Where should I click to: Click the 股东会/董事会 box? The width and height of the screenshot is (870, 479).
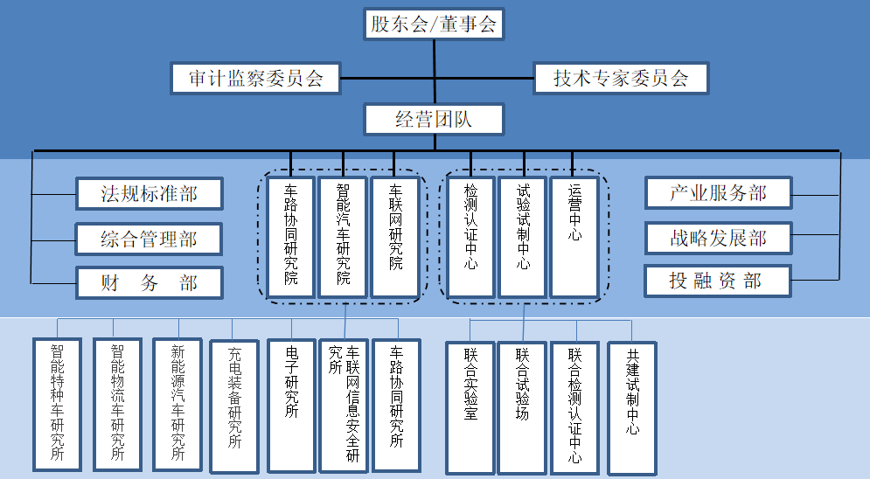pyautogui.click(x=434, y=24)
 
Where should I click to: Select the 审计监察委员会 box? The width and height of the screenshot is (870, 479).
pyautogui.click(x=256, y=78)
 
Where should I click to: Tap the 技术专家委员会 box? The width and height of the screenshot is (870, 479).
pyautogui.click(x=620, y=78)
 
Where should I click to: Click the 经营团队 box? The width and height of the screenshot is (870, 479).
pyautogui.click(x=434, y=120)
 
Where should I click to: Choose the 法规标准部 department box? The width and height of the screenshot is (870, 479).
pyautogui.click(x=149, y=193)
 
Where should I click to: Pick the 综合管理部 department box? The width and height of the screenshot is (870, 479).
pyautogui.click(x=149, y=239)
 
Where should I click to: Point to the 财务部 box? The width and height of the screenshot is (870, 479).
pyautogui.click(x=149, y=282)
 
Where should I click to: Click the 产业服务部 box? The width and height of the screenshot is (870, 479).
pyautogui.click(x=718, y=193)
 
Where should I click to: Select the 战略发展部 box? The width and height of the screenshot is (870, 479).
pyautogui.click(x=718, y=238)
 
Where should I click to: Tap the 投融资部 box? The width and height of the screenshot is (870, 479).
pyautogui.click(x=718, y=281)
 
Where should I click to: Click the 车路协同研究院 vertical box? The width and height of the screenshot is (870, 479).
pyautogui.click(x=291, y=237)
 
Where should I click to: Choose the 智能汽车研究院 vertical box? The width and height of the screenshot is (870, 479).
pyautogui.click(x=343, y=237)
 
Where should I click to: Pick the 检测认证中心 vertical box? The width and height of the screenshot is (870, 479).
pyautogui.click(x=470, y=237)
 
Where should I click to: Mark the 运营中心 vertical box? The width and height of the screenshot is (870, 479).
pyautogui.click(x=574, y=237)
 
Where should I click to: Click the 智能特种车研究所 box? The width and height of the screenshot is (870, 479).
pyautogui.click(x=58, y=405)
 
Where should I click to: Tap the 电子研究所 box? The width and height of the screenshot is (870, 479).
pyautogui.click(x=291, y=405)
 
